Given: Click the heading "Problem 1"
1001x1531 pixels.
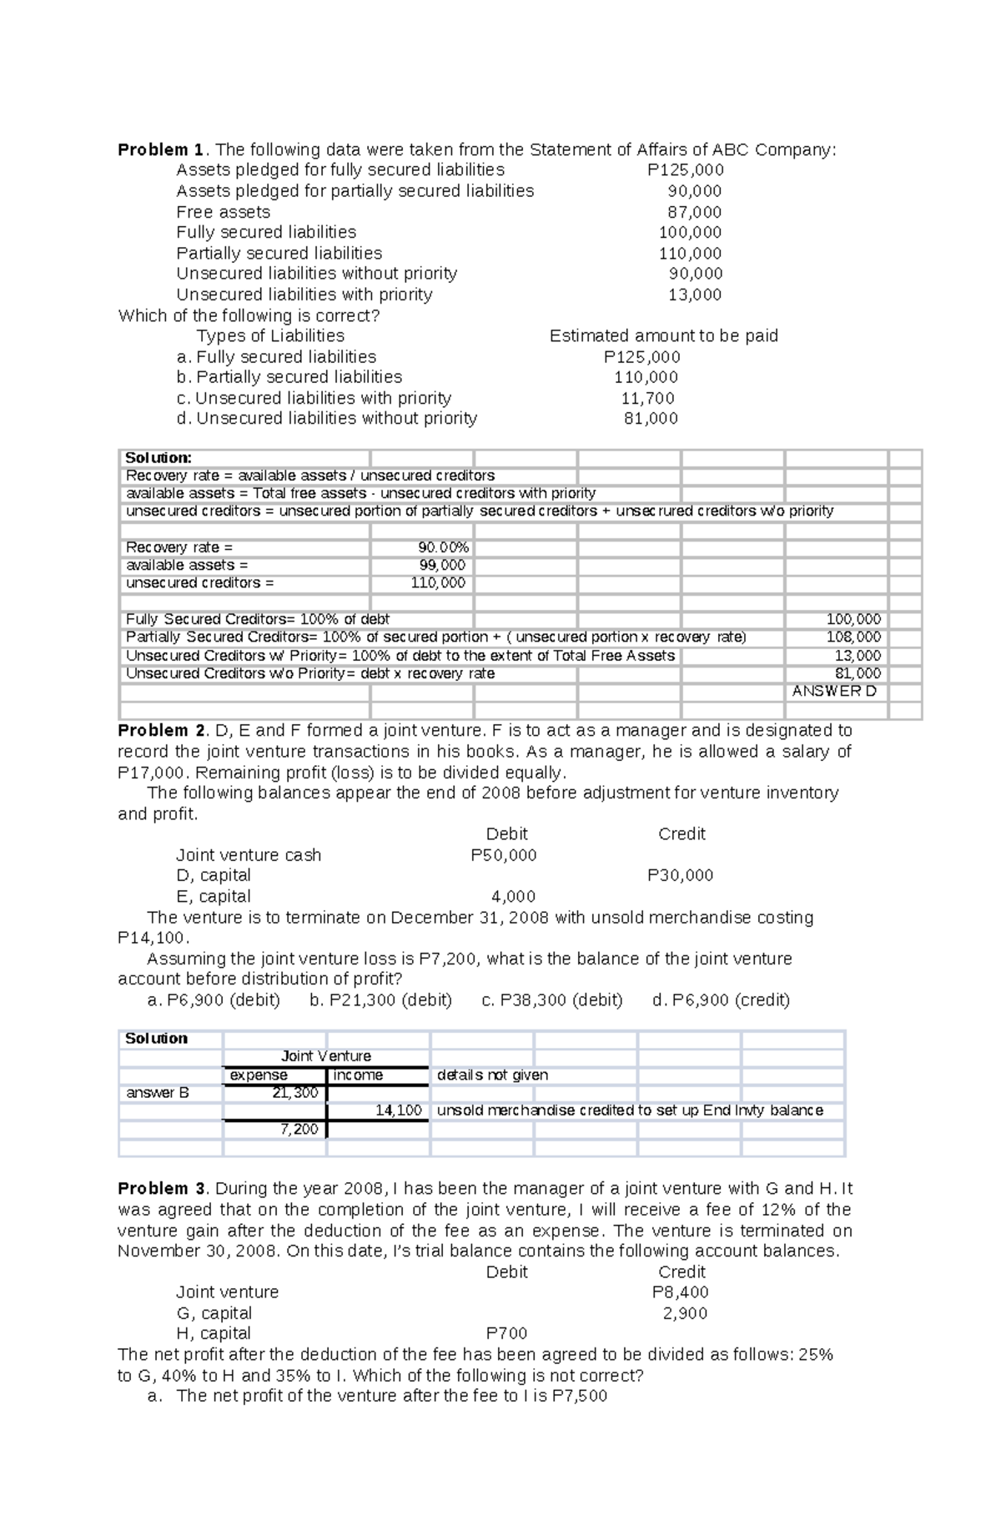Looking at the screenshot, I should click(x=161, y=150).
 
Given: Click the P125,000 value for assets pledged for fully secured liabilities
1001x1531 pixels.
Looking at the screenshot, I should click(x=685, y=170).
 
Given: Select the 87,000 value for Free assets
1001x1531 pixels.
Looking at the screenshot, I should click(x=694, y=212).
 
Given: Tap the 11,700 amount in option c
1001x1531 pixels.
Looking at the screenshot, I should click(x=647, y=399).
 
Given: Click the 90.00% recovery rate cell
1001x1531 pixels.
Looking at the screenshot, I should click(x=443, y=547).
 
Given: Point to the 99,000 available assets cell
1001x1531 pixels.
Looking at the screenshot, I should click(x=442, y=565).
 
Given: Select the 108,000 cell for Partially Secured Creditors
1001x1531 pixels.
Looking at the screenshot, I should click(x=853, y=637).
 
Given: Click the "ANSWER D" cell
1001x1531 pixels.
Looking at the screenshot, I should click(x=834, y=691).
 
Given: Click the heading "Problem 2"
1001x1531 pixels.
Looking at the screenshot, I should click(x=161, y=731).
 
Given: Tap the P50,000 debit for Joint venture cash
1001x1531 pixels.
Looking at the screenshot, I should click(x=503, y=855).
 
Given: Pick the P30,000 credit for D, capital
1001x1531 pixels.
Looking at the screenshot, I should click(x=680, y=875).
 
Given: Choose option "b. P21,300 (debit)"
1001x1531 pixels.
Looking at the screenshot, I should click(x=380, y=1000).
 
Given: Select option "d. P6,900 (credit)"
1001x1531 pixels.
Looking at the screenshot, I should click(x=721, y=1000).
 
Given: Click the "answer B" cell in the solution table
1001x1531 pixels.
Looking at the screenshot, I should click(x=158, y=1093).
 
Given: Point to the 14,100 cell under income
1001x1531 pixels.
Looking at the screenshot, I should click(x=398, y=1110).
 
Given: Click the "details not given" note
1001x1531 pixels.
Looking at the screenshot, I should click(x=492, y=1075).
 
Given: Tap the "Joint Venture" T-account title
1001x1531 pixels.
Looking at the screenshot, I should click(x=326, y=1056).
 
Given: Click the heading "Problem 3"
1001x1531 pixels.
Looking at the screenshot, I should click(x=161, y=1189).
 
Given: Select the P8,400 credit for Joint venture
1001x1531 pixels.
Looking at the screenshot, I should click(x=680, y=1292).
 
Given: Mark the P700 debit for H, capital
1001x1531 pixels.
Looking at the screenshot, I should click(x=506, y=1333).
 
